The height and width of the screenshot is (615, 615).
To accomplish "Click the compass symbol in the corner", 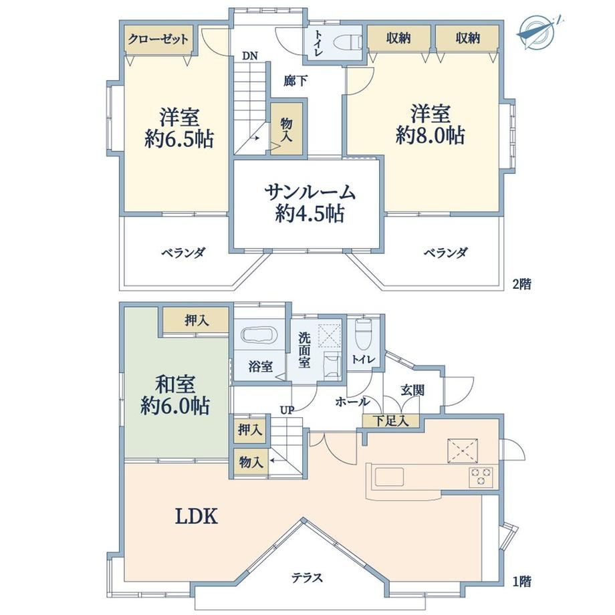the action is (x=538, y=33).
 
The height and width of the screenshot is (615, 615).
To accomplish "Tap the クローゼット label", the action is (x=158, y=39).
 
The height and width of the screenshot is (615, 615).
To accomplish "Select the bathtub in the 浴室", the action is (x=259, y=336).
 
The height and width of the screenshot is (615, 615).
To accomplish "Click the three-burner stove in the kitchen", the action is (x=481, y=477).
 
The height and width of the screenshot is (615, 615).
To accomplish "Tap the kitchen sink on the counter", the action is (x=389, y=477).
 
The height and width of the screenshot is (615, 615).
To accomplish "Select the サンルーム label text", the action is (x=310, y=193).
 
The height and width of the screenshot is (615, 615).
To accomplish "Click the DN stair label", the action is (x=250, y=56).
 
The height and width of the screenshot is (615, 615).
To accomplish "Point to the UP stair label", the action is (x=287, y=410).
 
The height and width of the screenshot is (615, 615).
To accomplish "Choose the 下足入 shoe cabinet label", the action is (x=390, y=421).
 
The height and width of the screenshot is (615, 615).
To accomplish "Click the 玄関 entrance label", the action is (x=412, y=390).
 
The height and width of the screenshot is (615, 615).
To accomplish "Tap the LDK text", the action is (x=196, y=516).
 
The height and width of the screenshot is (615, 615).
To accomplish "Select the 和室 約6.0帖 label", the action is (x=175, y=395).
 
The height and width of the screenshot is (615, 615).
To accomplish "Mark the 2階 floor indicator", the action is (x=521, y=284).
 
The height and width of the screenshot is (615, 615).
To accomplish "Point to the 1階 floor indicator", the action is (x=521, y=582).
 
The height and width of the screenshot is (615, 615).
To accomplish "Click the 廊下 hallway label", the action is (x=295, y=81).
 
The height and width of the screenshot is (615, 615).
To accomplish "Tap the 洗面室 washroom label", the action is (x=304, y=350).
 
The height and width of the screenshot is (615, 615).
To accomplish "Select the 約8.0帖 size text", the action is (x=430, y=136).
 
